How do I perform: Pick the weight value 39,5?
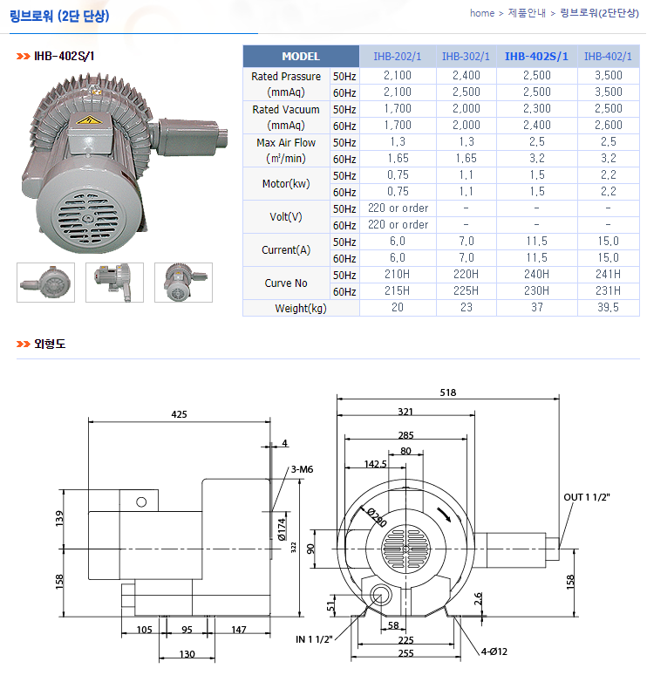tap(607, 308)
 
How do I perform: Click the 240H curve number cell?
tap(536, 275)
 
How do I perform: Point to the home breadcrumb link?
tap(481, 13)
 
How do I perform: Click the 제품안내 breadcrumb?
tap(527, 13)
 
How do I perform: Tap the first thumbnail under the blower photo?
tap(45, 283)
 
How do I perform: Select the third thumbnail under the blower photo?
tap(183, 283)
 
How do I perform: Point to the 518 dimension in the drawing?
tap(448, 392)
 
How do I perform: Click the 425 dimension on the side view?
tap(179, 414)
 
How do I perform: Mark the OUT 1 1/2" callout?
tap(587, 497)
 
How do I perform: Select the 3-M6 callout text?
tap(302, 469)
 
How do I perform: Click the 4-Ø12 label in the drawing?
tap(494, 650)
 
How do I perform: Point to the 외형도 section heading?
tap(50, 344)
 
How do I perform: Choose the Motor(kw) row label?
tap(287, 184)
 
